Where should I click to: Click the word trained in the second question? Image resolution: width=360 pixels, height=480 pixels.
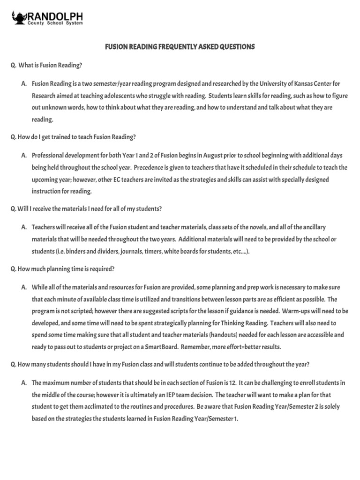(x=53, y=137)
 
